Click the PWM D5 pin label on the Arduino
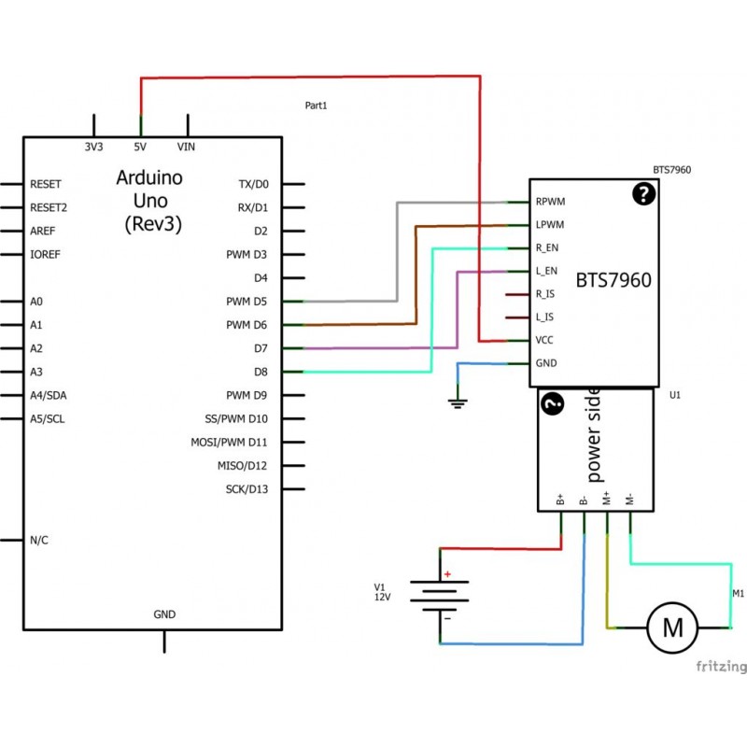pyautogui.click(x=247, y=302)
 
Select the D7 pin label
pyautogui.click(x=261, y=348)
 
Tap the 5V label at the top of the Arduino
pyautogui.click(x=140, y=147)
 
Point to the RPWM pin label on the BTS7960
pyautogui.click(x=550, y=202)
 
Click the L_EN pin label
pyautogui.click(x=546, y=271)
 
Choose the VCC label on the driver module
pyautogui.click(x=544, y=340)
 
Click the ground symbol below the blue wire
pyautogui.click(x=458, y=403)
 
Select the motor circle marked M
pyautogui.click(x=672, y=627)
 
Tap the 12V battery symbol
pyautogui.click(x=440, y=596)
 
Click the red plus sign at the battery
pyautogui.click(x=447, y=574)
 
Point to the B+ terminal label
pyautogui.click(x=560, y=500)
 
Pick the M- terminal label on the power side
pyautogui.click(x=629, y=500)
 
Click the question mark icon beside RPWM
pyautogui.click(x=643, y=194)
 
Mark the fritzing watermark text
pyautogui.click(x=721, y=666)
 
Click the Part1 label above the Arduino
pyautogui.click(x=316, y=106)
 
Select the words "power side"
pyautogui.click(x=593, y=434)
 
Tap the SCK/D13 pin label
pyautogui.click(x=247, y=489)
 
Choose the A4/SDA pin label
pyautogui.click(x=49, y=395)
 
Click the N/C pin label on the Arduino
pyautogui.click(x=39, y=541)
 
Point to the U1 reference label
pyautogui.click(x=675, y=395)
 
